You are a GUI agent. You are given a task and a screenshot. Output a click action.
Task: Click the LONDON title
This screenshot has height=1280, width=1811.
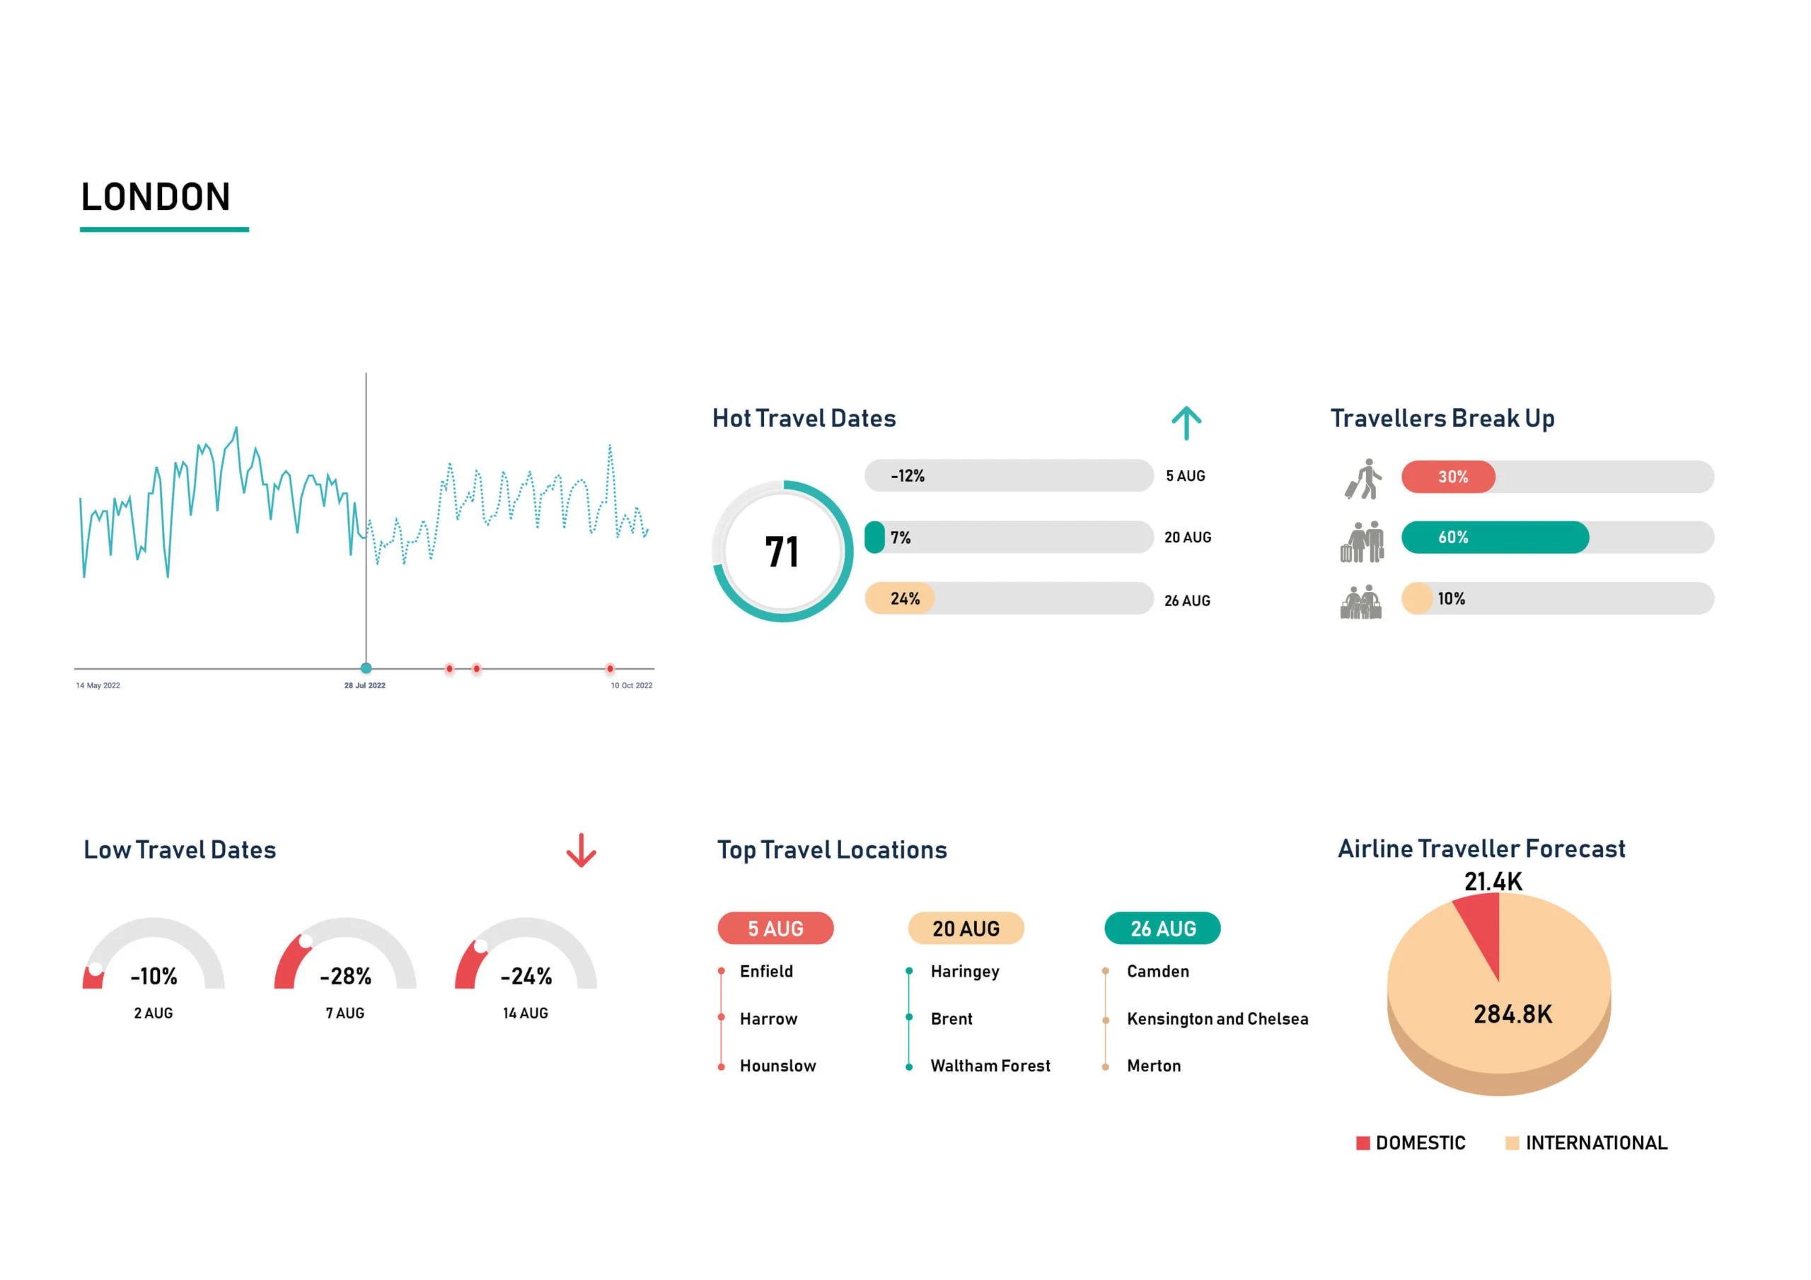pyautogui.click(x=156, y=197)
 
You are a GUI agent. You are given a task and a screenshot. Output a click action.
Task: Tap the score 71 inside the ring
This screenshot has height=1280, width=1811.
pyautogui.click(x=781, y=552)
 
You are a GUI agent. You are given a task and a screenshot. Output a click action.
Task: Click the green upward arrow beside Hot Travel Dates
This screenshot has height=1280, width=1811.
pyautogui.click(x=1186, y=423)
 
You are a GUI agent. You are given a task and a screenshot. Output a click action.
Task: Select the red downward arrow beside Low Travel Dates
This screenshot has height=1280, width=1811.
pyautogui.click(x=582, y=850)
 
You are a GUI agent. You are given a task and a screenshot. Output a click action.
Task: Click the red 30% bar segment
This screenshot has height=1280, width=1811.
pyautogui.click(x=1447, y=477)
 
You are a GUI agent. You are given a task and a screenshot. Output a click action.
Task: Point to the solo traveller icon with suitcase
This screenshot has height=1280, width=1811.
pyautogui.click(x=1363, y=479)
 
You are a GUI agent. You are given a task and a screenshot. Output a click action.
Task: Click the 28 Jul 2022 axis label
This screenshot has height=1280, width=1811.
pyautogui.click(x=364, y=685)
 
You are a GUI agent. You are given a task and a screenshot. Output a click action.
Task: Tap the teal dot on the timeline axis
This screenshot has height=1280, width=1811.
pyautogui.click(x=366, y=669)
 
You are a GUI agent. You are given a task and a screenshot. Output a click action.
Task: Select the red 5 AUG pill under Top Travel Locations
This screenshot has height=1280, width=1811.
pyautogui.click(x=775, y=929)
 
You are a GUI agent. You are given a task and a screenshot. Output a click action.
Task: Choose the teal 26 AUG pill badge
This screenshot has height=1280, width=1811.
pyautogui.click(x=1162, y=929)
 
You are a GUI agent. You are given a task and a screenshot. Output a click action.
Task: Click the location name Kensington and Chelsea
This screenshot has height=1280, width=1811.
pyautogui.click(x=1217, y=1019)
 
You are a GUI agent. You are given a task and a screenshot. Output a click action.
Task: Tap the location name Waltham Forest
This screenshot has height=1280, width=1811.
pyautogui.click(x=990, y=1066)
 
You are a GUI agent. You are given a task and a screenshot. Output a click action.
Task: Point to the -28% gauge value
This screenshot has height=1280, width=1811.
pyautogui.click(x=345, y=977)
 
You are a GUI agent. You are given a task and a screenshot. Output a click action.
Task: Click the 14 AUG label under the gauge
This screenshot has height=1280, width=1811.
pyautogui.click(x=526, y=1013)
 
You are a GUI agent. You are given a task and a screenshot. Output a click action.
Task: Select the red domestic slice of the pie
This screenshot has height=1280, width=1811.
pyautogui.click(x=1482, y=931)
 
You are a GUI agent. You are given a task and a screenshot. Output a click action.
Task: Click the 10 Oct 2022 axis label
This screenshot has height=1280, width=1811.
pyautogui.click(x=631, y=685)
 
